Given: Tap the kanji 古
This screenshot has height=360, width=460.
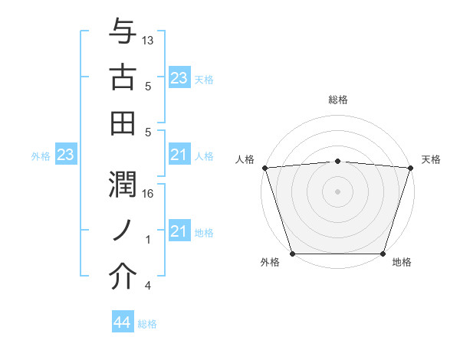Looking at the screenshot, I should pos(123,77).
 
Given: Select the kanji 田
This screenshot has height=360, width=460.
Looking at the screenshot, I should pos(123,123).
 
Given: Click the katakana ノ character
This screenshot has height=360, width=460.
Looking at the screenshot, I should pos(123,232).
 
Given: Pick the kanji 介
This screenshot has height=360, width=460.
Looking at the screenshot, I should pos(123,278).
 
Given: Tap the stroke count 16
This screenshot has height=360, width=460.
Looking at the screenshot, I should pos(149,195).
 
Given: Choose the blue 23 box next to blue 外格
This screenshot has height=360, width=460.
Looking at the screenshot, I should pos(66,155).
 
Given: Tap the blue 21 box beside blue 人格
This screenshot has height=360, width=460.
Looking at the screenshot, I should pos(179,155).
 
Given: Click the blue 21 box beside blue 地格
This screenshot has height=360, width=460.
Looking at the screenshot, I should pos(179,232).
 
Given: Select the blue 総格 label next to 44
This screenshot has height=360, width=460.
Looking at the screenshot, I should pos(147,324).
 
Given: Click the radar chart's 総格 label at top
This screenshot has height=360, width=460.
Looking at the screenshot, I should pos(337,100).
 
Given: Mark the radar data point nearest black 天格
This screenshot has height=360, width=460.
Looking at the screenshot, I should pos(410,167).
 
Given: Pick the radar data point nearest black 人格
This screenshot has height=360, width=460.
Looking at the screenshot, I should pos(264,167).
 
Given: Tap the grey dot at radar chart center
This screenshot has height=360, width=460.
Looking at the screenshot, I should pos(337,191).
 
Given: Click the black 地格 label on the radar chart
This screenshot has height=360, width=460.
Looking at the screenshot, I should pos(402,263).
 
